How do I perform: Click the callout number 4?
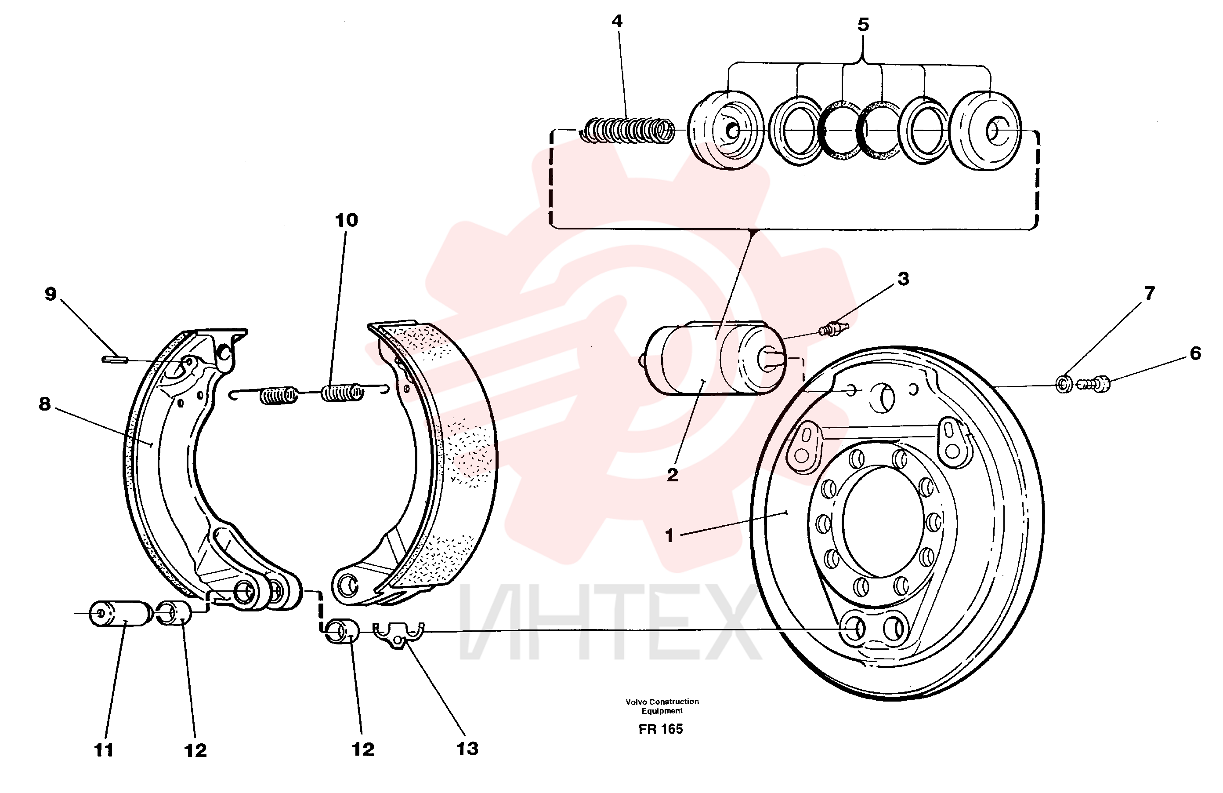pos(617,21)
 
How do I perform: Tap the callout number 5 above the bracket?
pos(863,24)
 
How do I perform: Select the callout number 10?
pos(346,220)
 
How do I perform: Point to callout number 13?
pos(467,749)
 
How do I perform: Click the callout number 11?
pos(103,750)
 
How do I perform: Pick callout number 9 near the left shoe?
pos(51,294)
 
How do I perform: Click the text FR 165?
pos(661,729)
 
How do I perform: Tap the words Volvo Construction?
pos(662,702)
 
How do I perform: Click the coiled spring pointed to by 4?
pos(627,130)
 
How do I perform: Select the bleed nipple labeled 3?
pos(833,327)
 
